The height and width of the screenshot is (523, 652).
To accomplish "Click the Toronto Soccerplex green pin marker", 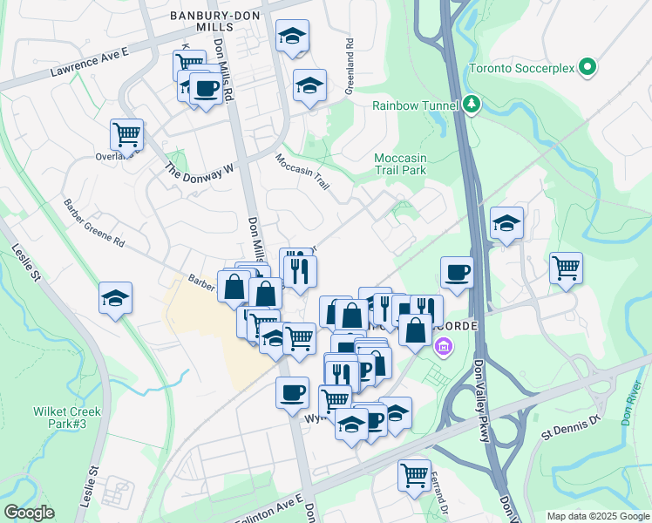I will tap(587, 66).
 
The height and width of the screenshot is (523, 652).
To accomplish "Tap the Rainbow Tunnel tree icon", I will tap(472, 105).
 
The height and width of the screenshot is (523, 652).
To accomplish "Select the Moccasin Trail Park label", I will tap(399, 164).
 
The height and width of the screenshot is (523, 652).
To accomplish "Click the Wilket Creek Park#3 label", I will tap(68, 418).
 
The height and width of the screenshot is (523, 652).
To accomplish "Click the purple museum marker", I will tap(444, 348).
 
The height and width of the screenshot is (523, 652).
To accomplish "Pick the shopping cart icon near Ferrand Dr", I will tap(414, 474).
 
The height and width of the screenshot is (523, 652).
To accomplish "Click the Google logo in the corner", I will tap(29, 513).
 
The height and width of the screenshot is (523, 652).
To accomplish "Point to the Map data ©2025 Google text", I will tap(597, 516).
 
